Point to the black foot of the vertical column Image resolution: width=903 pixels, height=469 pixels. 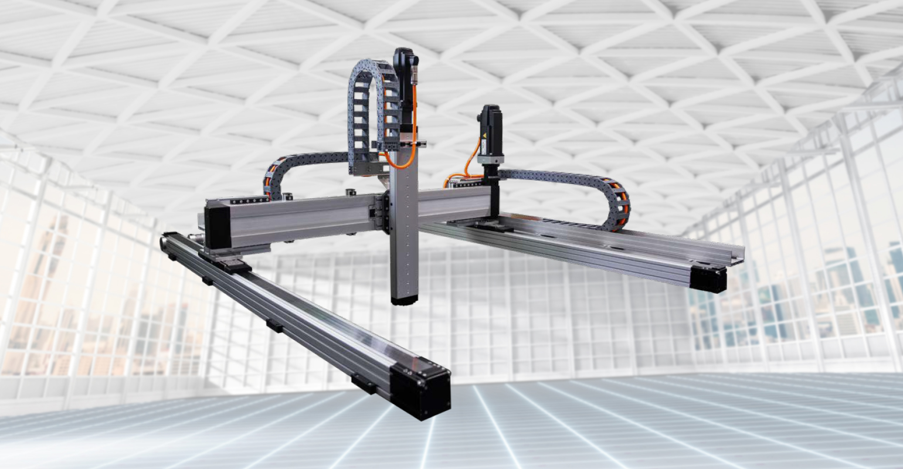pyautogui.click(x=404, y=300)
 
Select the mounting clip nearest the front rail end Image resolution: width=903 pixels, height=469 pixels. pyautogui.click(x=364, y=384)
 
